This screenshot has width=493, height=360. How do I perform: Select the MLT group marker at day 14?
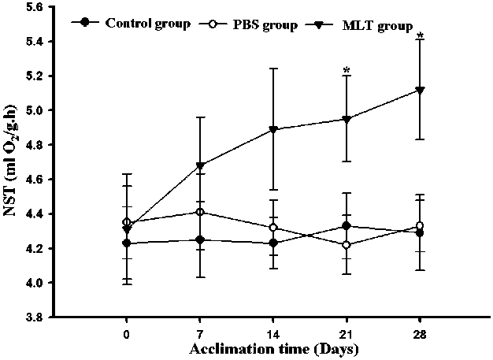272,129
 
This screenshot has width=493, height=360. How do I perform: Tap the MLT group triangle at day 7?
201,165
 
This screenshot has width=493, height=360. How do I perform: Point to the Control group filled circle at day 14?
272,243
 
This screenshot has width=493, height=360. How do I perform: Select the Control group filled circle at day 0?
127,243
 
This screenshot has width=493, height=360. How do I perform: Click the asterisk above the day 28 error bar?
421,36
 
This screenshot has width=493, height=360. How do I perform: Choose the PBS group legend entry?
257,24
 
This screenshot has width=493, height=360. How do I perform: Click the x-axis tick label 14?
272,332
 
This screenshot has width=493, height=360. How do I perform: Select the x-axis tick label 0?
127,332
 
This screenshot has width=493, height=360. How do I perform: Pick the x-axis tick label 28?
420,332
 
